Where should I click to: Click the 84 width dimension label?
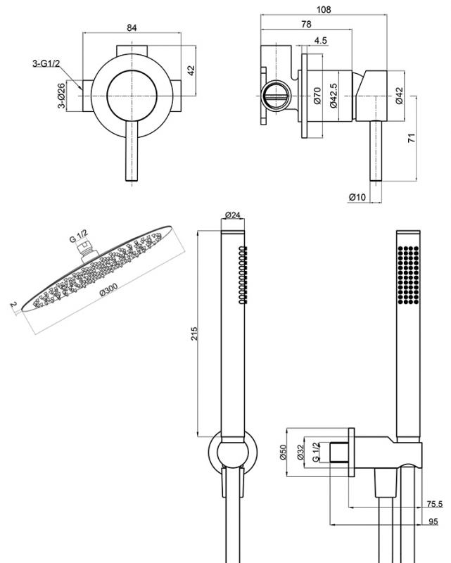click(131, 27)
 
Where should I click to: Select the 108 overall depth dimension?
click(324, 9)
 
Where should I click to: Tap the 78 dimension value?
click(307, 25)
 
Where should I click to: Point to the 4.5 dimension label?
click(320, 41)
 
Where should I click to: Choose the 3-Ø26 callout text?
click(61, 96)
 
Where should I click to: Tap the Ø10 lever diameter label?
click(357, 197)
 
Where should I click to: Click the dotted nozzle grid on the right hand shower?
click(406, 275)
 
